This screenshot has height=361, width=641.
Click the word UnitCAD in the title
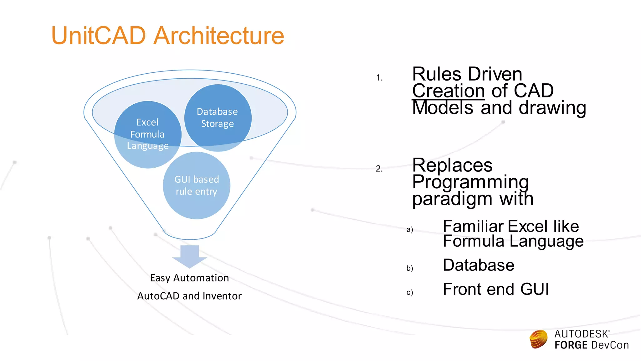pos(98,35)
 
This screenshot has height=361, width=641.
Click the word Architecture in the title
pos(219,35)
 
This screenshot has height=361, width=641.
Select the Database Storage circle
pos(218,118)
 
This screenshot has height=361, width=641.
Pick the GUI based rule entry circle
pos(196,185)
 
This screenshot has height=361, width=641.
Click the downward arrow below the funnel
pos(190,256)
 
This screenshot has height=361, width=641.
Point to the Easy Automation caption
pos(189,278)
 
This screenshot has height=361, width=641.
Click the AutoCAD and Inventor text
pos(189,296)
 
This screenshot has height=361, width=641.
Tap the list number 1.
pos(379,78)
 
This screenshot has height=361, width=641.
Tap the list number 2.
pos(379,169)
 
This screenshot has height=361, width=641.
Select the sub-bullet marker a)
pos(410,229)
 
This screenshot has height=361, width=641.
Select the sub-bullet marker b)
pos(410,268)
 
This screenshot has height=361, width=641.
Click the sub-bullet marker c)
pos(410,292)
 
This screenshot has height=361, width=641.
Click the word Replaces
pos(452,165)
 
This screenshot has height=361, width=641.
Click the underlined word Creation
pos(448,91)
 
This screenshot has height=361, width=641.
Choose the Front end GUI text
pos(496,289)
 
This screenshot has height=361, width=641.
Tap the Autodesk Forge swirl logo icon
pos(538,339)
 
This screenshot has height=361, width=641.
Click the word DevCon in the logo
pos(610,345)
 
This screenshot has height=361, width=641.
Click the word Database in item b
pos(479,265)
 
